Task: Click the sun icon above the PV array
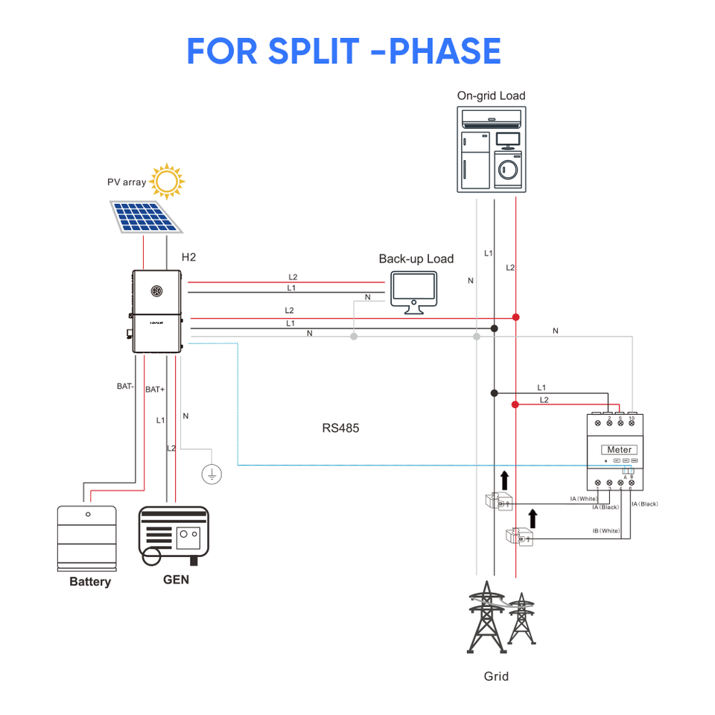tap(168, 181)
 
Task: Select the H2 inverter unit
tap(157, 311)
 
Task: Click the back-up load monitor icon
tap(413, 293)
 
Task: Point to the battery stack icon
tap(88, 538)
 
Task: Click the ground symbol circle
tap(212, 472)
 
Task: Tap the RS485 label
tap(340, 428)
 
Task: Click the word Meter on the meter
tap(619, 450)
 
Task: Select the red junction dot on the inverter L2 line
tap(515, 317)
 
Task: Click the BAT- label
tap(125, 387)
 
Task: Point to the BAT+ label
tap(155, 390)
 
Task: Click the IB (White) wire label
tap(606, 531)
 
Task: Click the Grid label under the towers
tap(496, 676)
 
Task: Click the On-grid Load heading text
tap(491, 95)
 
